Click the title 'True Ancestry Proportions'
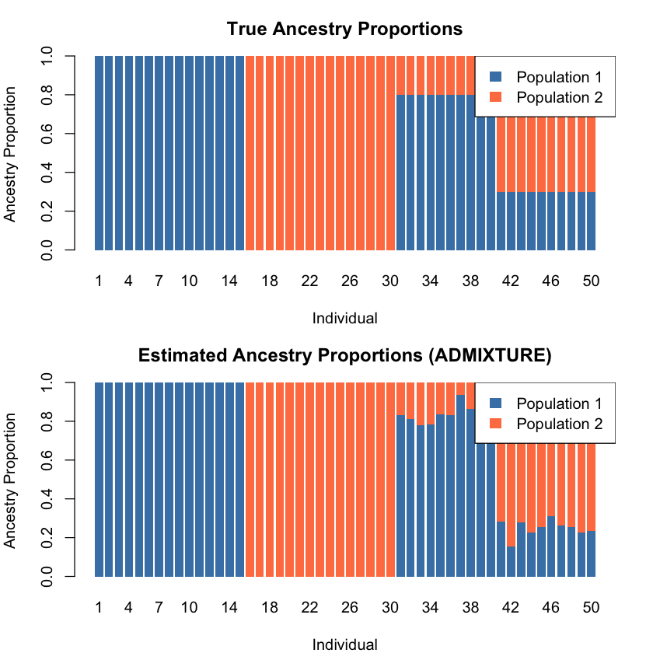[344, 29]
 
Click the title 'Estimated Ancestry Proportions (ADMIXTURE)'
[344, 355]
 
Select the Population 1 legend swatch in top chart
[497, 77]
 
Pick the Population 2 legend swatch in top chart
[497, 97]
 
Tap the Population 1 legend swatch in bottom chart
[497, 403]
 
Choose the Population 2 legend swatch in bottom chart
[497, 424]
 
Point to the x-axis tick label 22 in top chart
[309, 281]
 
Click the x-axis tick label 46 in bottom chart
[550, 607]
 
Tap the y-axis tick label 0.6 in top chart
[47, 134]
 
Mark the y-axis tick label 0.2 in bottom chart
[47, 538]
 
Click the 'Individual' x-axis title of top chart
[344, 318]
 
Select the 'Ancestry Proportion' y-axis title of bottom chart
[10, 480]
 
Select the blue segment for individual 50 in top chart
[591, 222]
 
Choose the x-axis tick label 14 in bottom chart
[229, 607]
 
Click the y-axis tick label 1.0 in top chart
[47, 56]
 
